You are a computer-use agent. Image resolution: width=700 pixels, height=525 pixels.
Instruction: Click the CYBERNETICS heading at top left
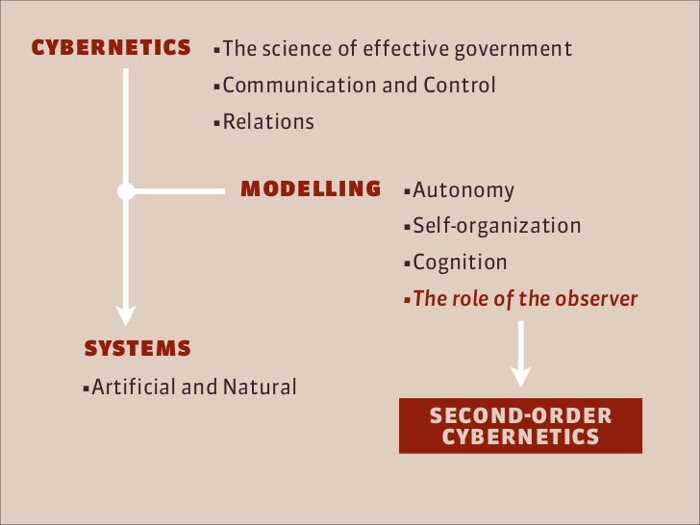pos(111,47)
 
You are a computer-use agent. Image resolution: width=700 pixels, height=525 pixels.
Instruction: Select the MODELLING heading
pos(311,188)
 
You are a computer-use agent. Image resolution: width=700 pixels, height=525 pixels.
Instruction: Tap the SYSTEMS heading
pos(137,348)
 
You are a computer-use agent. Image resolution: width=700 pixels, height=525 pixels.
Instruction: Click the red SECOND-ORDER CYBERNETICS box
pos(520,425)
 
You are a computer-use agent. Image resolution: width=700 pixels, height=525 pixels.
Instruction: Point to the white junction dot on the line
pos(125,191)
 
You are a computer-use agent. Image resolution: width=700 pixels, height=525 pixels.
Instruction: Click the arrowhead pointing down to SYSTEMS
pos(125,314)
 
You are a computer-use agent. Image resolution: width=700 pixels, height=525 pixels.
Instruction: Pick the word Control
pos(460,85)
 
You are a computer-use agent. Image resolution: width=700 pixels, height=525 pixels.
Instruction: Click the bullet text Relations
pos(268,122)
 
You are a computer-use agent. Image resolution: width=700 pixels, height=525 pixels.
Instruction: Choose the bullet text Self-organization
pos(497,226)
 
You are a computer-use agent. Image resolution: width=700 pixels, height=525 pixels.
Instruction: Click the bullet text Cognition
pos(460,262)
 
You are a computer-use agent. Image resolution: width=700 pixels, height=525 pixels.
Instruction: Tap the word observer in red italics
pos(596,298)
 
